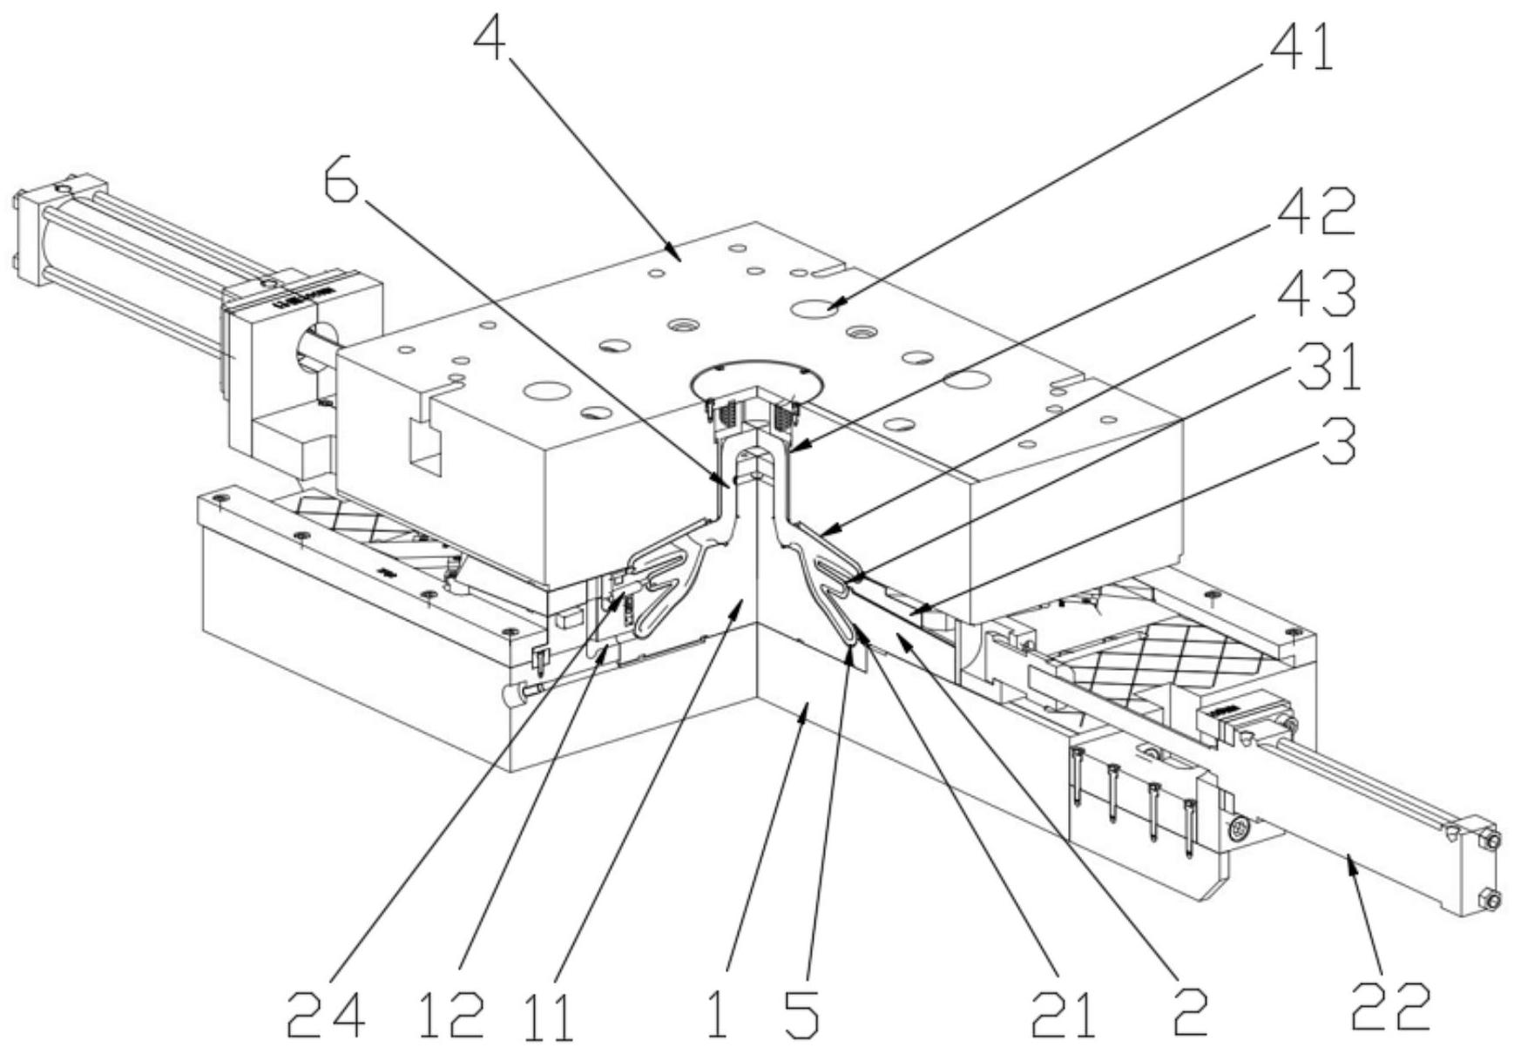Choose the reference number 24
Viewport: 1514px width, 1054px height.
click(x=325, y=1016)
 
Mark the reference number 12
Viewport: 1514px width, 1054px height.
click(x=450, y=1016)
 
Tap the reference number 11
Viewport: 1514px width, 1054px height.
click(x=550, y=1016)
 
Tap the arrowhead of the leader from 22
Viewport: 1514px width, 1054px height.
click(x=1350, y=858)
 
